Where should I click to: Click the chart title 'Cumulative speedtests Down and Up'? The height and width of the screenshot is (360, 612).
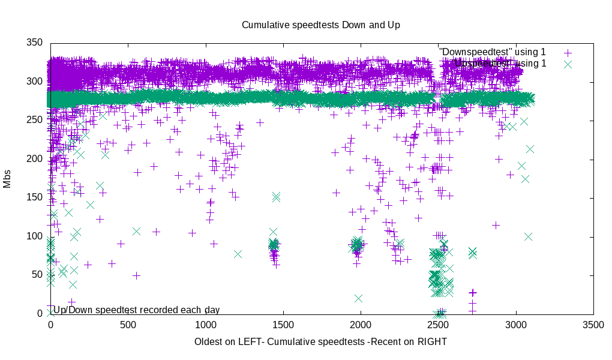coord(320,25)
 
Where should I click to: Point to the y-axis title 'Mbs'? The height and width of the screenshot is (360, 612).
coord(7,178)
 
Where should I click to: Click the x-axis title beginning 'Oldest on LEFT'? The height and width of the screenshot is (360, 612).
coord(320,341)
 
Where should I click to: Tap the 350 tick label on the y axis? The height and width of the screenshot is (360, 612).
coord(35,43)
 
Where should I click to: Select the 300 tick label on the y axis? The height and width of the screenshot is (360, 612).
coord(35,82)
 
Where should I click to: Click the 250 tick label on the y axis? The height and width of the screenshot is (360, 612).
coord(35,121)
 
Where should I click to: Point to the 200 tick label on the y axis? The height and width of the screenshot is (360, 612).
coord(35,159)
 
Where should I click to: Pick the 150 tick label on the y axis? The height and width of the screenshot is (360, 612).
coord(35,198)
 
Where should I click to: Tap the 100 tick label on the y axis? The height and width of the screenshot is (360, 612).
coord(35,236)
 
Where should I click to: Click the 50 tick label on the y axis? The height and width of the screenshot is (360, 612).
coord(37,275)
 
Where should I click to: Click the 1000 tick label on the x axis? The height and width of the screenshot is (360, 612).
coord(205,325)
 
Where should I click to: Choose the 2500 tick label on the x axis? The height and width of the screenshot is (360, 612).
coord(438,325)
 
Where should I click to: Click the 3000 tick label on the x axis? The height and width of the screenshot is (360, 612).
coord(516,325)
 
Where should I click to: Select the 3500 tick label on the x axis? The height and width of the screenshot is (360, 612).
coord(593,325)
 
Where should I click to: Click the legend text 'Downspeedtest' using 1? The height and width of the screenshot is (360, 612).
coord(492,52)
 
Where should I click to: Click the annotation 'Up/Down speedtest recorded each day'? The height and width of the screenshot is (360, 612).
coord(136,310)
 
